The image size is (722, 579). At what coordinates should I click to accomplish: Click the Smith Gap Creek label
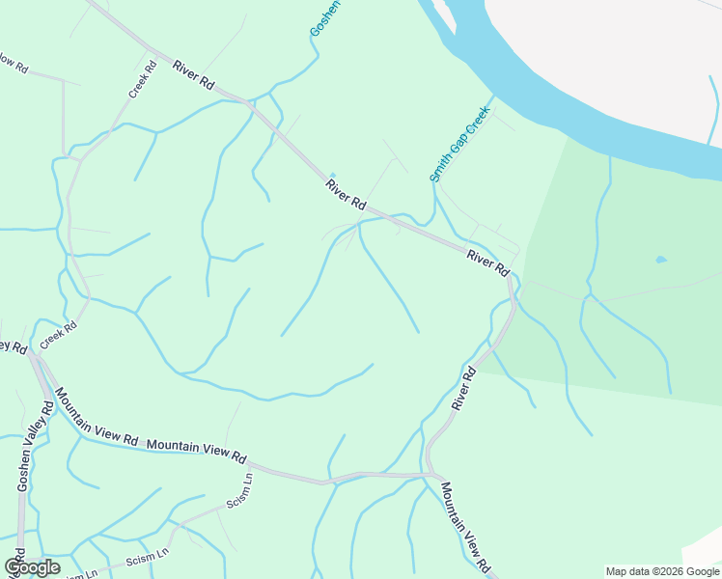point(460,144)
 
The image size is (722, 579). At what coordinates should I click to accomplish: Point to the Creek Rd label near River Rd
point(142,80)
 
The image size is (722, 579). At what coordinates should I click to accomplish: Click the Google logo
point(32,567)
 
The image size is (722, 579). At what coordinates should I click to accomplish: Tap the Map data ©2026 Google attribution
point(661,571)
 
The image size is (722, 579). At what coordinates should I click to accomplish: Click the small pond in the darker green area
point(660,260)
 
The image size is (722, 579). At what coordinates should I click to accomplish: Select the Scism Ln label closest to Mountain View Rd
point(238,490)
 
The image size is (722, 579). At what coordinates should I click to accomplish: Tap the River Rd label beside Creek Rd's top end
point(193,75)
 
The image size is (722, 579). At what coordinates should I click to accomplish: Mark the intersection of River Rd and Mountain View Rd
point(428,474)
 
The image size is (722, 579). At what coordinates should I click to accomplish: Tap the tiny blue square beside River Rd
point(332,176)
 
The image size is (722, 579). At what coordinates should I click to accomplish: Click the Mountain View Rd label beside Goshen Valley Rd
point(97,417)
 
